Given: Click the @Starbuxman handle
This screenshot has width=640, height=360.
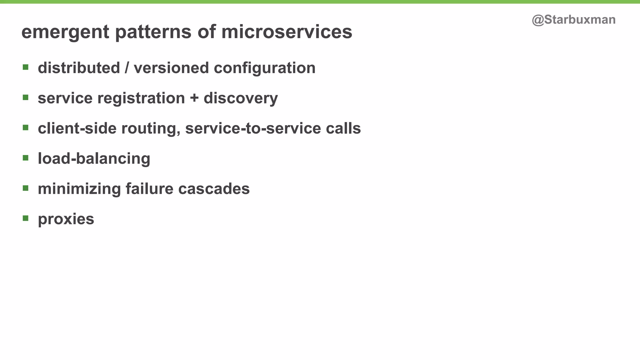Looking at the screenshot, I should click(573, 20).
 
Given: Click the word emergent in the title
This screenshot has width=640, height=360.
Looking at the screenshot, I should click(65, 32).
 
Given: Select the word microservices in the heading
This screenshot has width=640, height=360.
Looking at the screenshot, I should click(287, 32).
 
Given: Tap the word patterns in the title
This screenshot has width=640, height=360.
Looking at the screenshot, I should click(153, 32).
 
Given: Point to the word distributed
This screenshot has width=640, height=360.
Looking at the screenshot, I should click(79, 68).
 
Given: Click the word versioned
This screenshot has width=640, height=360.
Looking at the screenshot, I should click(171, 68).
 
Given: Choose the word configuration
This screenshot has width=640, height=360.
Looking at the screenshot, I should click(264, 68).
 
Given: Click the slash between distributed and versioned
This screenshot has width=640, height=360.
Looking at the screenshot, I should click(127, 68).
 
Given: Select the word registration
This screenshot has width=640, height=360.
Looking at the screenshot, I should click(141, 98).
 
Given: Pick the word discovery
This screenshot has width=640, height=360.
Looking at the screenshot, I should click(241, 98).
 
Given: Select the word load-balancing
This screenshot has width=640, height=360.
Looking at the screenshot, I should click(94, 159).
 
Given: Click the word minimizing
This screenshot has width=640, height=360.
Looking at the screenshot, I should click(79, 189).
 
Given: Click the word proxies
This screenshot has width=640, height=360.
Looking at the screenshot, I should click(66, 219).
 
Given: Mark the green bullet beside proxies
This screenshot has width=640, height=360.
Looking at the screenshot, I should click(26, 218).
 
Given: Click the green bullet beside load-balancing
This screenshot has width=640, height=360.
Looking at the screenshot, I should click(26, 157).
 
